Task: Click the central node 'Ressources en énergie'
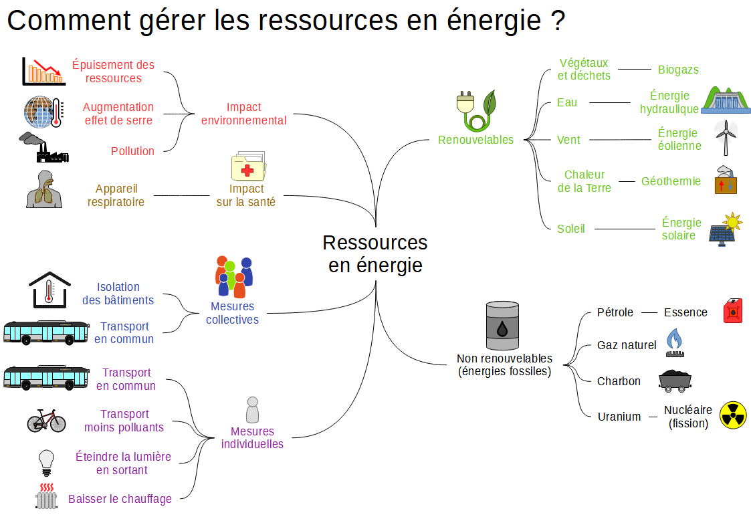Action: (x=374, y=253)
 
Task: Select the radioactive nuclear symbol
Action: (x=732, y=415)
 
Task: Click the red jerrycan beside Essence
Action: (x=733, y=311)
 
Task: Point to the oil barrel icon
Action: (x=502, y=326)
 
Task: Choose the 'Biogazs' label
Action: (x=678, y=70)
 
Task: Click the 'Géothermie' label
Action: (x=671, y=181)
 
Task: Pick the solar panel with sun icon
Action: (x=726, y=229)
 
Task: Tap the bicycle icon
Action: (x=46, y=420)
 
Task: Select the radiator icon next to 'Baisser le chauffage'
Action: (x=46, y=497)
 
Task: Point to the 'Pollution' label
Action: (x=132, y=151)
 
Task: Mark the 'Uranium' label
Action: (x=619, y=417)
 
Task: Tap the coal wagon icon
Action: (x=674, y=380)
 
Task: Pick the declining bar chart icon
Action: (x=43, y=71)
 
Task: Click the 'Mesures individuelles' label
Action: (x=252, y=438)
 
